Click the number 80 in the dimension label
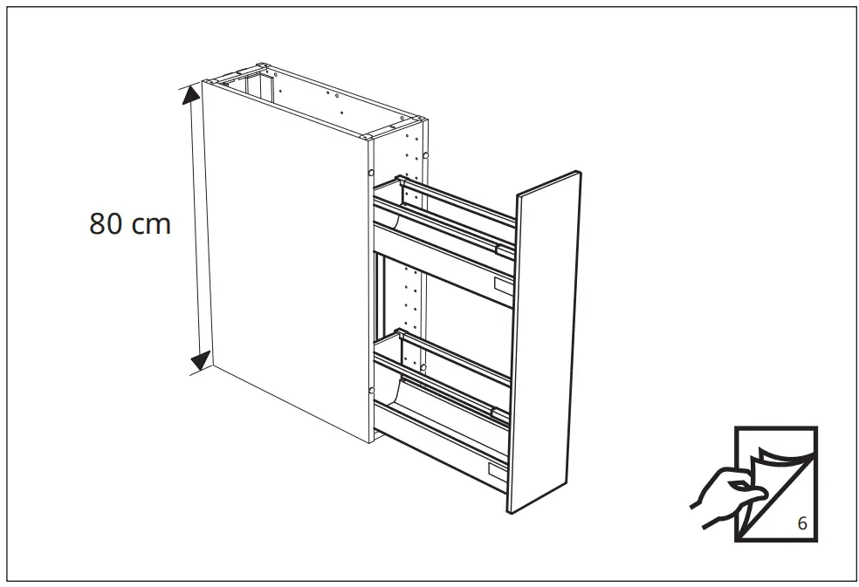(107, 224)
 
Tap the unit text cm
(152, 226)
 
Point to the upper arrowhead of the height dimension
(190, 95)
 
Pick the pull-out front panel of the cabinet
(548, 340)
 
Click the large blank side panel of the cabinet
(279, 253)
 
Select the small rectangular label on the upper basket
(505, 284)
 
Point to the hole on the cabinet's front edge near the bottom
(372, 389)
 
